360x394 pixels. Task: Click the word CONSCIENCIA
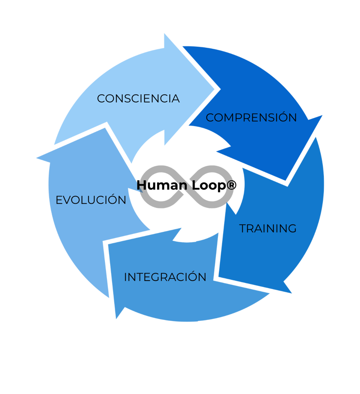pos(138,99)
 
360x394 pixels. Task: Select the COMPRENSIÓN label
pos(251,118)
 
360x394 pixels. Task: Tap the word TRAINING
pos(268,229)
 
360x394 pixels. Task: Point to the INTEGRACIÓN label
pos(165,277)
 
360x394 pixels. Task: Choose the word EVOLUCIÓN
pos(91,200)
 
